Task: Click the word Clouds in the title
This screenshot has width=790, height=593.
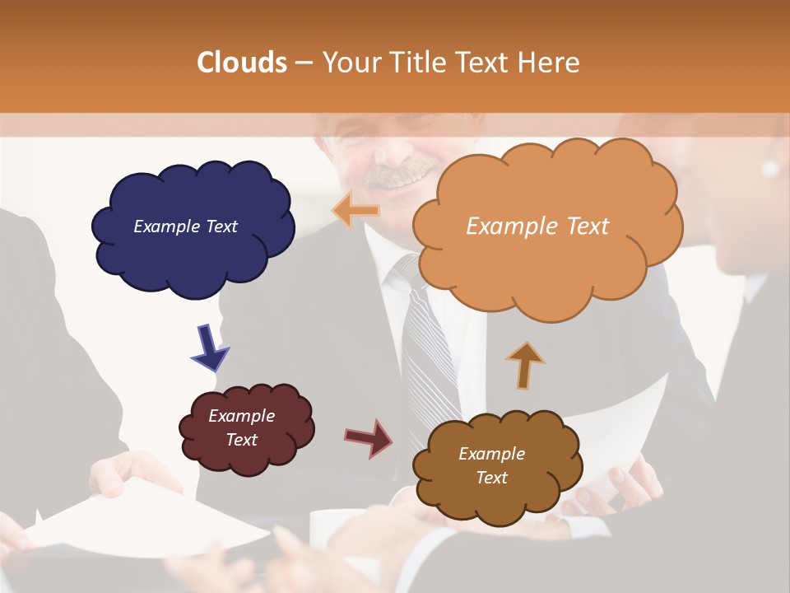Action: [x=242, y=63]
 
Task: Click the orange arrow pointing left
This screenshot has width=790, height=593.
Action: [x=356, y=210]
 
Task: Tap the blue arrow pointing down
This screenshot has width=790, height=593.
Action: [x=209, y=346]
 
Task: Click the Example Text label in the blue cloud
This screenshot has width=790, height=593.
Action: [x=185, y=226]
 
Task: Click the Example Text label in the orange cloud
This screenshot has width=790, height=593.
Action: [x=537, y=226]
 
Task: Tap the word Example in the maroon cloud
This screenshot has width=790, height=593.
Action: [x=241, y=416]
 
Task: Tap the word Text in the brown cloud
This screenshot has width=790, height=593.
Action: [x=491, y=478]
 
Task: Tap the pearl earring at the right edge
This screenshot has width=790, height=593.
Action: [x=770, y=168]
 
